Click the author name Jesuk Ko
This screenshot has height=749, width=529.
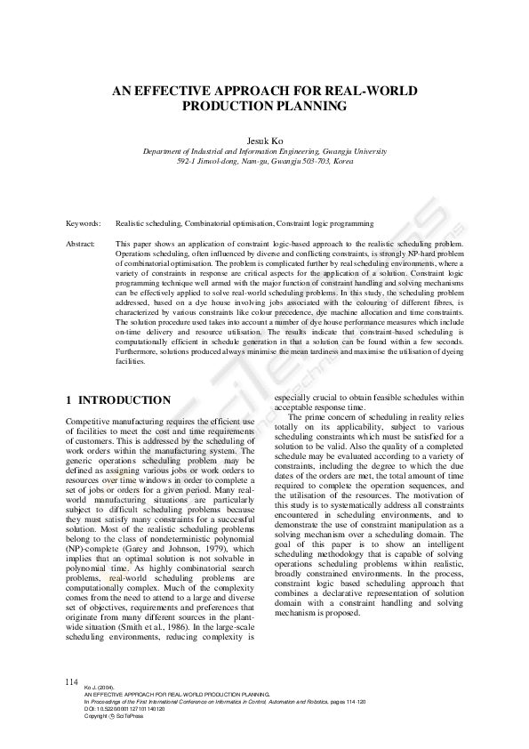click(264, 141)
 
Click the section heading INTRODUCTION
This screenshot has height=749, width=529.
click(124, 401)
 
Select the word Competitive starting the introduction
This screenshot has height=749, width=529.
click(92, 420)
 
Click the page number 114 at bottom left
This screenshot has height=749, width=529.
click(72, 681)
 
